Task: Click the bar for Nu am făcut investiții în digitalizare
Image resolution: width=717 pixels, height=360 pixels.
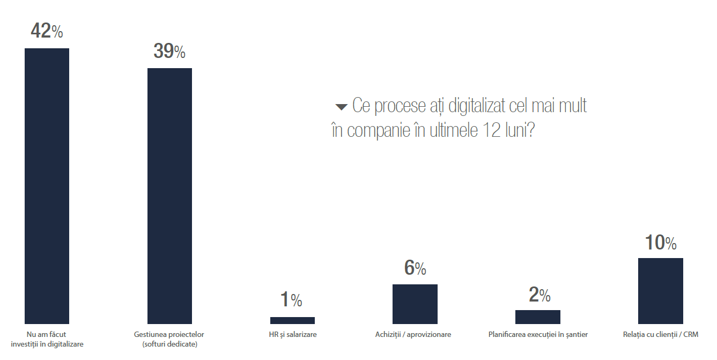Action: coord(47,186)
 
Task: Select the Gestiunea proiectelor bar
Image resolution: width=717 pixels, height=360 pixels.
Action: coord(169,196)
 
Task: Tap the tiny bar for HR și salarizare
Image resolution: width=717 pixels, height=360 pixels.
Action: coord(292,320)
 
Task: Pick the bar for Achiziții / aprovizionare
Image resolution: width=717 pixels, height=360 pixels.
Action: coord(415,304)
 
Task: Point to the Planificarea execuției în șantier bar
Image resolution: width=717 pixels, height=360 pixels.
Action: coord(537,317)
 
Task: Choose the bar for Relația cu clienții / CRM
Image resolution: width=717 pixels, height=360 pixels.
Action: coord(660,291)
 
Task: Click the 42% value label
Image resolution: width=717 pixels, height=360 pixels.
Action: coord(47,31)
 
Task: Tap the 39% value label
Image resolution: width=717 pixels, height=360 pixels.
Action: coord(169,51)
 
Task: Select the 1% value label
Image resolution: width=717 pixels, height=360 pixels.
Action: coord(291,300)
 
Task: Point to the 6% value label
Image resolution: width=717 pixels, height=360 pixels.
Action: coord(415,267)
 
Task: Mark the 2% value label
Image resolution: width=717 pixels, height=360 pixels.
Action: coord(539,294)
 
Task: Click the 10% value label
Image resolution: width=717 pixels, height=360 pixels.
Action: coord(660,243)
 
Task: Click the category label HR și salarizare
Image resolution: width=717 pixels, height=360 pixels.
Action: coord(292,334)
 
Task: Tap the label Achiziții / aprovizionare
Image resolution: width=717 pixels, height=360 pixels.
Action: coord(413,334)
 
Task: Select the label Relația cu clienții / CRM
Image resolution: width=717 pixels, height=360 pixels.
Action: coord(661,334)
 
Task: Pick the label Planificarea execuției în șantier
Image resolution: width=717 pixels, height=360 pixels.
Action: coord(538,334)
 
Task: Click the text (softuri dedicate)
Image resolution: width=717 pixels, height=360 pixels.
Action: coord(169,344)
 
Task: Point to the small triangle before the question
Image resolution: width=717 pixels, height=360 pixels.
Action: coord(341,107)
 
